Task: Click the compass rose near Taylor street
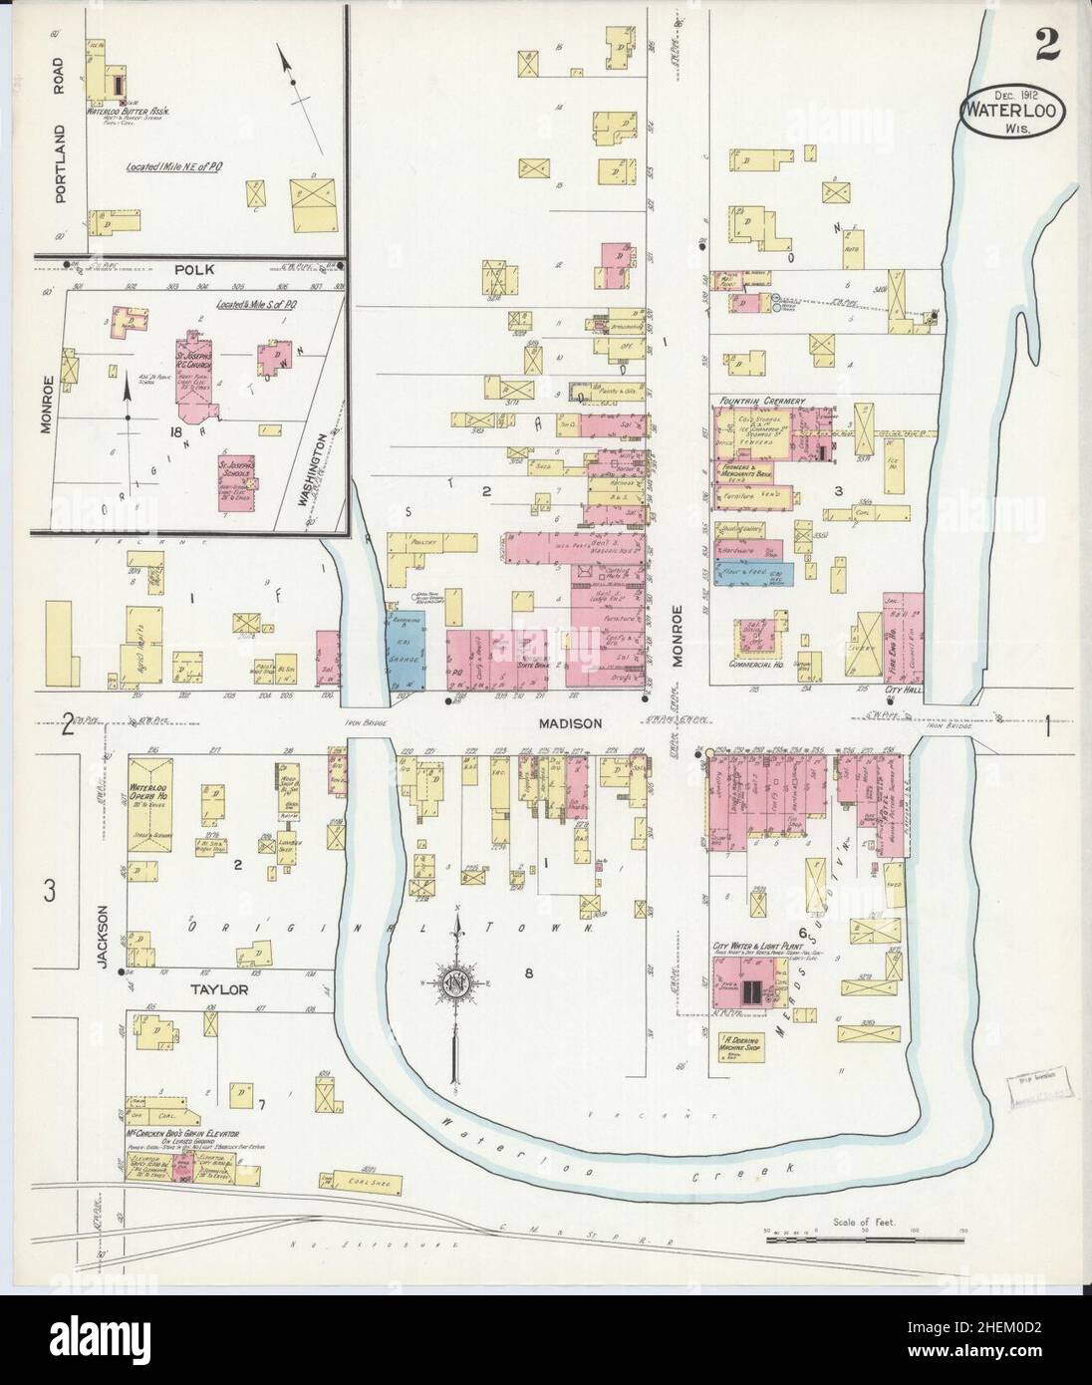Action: click(x=456, y=986)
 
